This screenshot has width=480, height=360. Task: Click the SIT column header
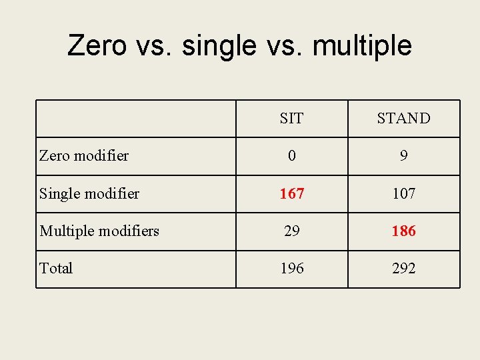click(x=291, y=119)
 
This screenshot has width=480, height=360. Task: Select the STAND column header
click(x=403, y=119)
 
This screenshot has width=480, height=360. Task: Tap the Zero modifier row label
click(x=84, y=156)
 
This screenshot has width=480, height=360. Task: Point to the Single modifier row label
click(x=89, y=194)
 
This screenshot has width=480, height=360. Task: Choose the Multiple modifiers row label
click(x=99, y=231)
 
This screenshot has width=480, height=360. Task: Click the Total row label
click(x=56, y=269)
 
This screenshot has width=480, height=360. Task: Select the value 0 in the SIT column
click(x=291, y=156)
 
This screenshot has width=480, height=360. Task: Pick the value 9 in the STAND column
click(x=403, y=156)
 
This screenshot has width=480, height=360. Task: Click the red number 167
click(x=291, y=194)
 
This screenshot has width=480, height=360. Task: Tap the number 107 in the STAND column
click(x=403, y=194)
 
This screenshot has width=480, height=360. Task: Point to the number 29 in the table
click(x=291, y=231)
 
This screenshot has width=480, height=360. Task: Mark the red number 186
click(x=403, y=231)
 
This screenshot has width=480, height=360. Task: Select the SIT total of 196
click(x=291, y=269)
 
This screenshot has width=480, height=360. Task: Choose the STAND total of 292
click(x=403, y=269)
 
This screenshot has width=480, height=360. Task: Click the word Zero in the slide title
click(x=97, y=46)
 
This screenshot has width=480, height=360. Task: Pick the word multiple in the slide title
click(x=362, y=46)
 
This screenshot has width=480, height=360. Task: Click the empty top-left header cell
click(x=136, y=119)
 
